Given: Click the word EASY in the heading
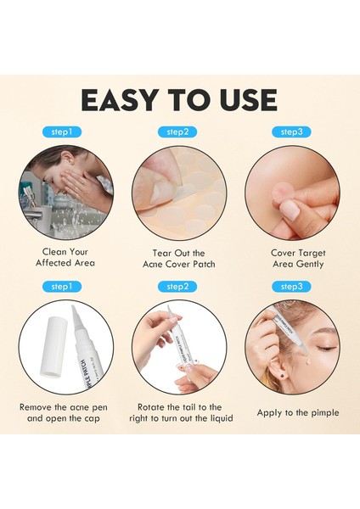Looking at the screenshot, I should pyautogui.click(x=121, y=98).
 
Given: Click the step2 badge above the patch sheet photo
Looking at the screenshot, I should pyautogui.click(x=178, y=132).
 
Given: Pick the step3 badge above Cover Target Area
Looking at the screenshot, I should pyautogui.click(x=291, y=132).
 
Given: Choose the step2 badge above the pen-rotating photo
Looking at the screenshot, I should pyautogui.click(x=178, y=287).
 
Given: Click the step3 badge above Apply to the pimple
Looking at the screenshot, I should pyautogui.click(x=291, y=287).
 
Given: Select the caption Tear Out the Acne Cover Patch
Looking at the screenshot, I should pyautogui.click(x=178, y=258).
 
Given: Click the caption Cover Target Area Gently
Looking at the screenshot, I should pyautogui.click(x=298, y=258).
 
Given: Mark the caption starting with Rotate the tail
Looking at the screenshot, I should pyautogui.click(x=178, y=412).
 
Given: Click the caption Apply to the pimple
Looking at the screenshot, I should pyautogui.click(x=298, y=412).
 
